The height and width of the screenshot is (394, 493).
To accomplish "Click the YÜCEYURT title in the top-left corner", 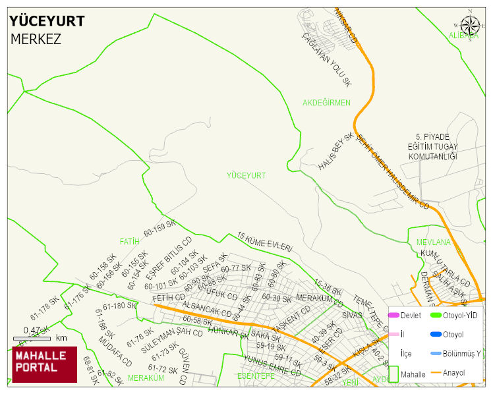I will [x=47, y=21].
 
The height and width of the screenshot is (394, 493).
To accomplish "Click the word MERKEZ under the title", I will [x=36, y=39].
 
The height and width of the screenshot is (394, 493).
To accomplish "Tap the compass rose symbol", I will [x=470, y=25].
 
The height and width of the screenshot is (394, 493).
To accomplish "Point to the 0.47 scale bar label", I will [x=32, y=330].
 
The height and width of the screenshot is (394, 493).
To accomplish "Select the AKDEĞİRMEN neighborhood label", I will [x=326, y=103].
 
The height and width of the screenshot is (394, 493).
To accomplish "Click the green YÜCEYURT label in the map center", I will [x=246, y=175].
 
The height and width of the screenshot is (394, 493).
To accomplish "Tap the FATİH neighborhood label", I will [x=130, y=241].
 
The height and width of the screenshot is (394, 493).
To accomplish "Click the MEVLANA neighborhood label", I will [x=433, y=242].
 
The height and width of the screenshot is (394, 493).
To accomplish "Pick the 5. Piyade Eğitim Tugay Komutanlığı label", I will [x=432, y=147].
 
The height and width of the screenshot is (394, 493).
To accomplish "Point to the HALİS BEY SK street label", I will [x=335, y=152].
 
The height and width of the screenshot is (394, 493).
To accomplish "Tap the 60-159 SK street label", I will [x=159, y=229].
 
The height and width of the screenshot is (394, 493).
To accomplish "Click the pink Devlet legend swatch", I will [x=393, y=315].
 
